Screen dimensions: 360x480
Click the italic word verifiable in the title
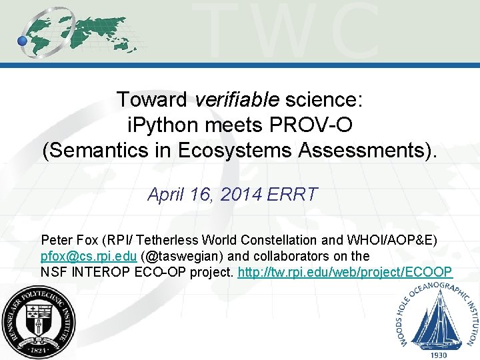click(x=237, y=100)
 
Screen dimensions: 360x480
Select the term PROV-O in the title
click(x=313, y=125)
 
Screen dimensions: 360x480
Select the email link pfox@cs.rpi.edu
click(x=89, y=256)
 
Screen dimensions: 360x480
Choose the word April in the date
click(x=163, y=195)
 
